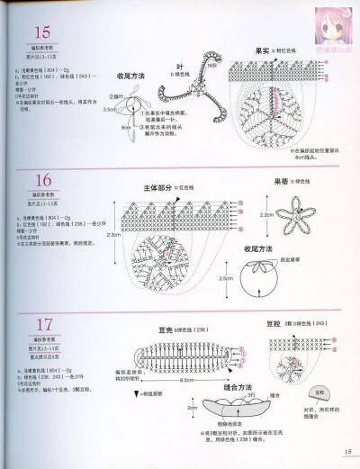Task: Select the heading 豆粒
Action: pyautogui.click(x=273, y=323)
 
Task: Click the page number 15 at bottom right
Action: pyautogui.click(x=346, y=452)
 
